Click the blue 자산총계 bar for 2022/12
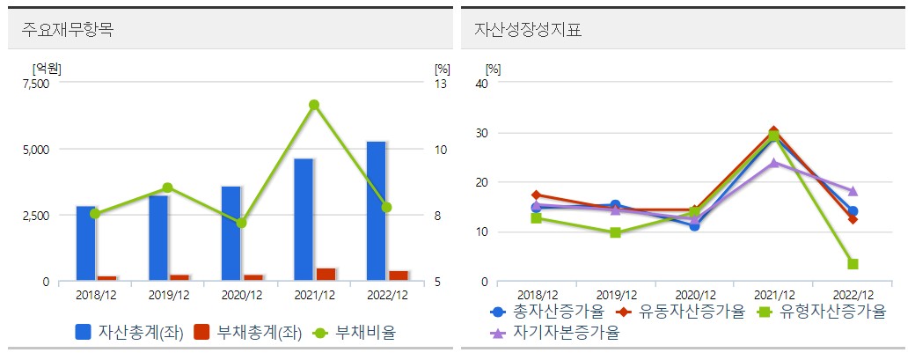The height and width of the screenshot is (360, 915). (x=376, y=211)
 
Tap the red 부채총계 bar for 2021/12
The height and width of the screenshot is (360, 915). (x=326, y=275)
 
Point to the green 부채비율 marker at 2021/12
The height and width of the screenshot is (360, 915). (x=313, y=105)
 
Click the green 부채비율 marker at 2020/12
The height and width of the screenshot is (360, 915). (x=241, y=223)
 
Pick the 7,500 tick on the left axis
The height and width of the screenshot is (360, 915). (x=36, y=84)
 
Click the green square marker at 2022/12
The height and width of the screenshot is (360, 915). (x=853, y=264)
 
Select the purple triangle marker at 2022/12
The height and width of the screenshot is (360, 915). (x=853, y=191)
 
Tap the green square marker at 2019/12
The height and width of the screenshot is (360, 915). (x=615, y=232)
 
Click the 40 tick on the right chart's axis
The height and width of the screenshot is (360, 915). (x=480, y=84)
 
